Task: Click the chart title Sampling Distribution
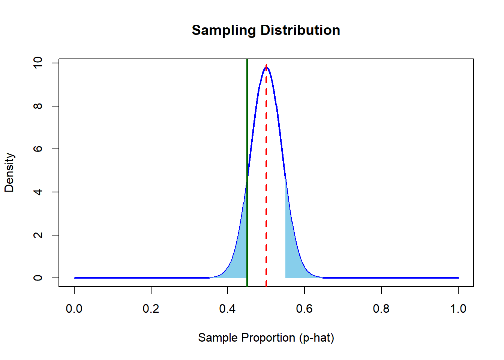point(266,30)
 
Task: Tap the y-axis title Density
point(9,172)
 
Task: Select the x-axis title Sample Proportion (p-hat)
point(266,337)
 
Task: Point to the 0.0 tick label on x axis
point(74,309)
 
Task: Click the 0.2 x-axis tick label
point(151,309)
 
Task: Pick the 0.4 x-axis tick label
point(228,309)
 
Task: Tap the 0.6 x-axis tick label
point(304,309)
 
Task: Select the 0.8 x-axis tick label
point(381,309)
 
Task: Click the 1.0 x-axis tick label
point(458,309)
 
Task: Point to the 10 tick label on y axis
point(38,63)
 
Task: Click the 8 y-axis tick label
point(38,106)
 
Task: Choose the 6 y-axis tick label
point(38,149)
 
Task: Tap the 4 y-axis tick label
point(38,192)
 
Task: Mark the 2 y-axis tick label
point(38,235)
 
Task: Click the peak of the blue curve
point(266,67)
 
